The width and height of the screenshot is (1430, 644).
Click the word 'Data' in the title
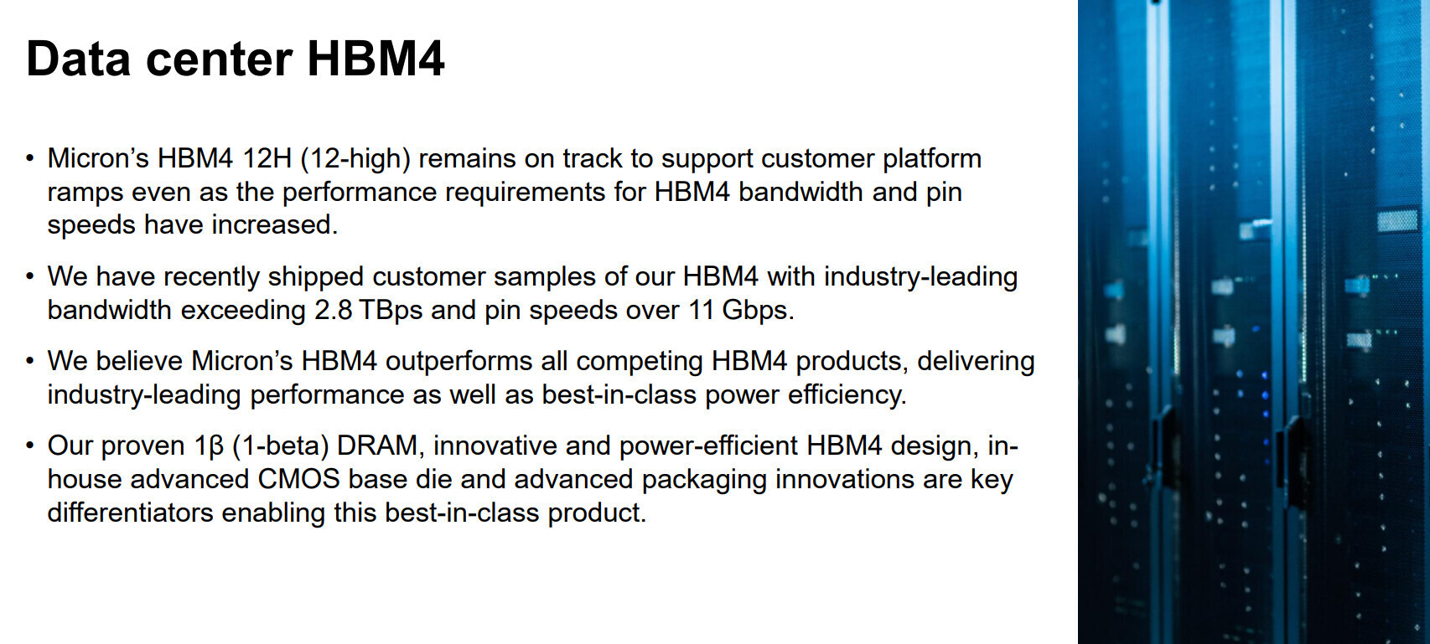78,59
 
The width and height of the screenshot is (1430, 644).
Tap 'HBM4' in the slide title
376,59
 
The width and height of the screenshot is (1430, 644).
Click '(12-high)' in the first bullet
355,159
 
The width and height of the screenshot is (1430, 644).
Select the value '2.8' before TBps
333,311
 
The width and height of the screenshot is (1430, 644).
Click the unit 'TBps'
391,312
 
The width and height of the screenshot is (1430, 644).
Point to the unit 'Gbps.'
758,312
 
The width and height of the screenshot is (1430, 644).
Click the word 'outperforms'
459,363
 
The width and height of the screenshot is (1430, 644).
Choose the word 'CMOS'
298,480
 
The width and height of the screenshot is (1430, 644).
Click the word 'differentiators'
130,513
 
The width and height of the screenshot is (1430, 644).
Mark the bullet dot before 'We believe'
30,361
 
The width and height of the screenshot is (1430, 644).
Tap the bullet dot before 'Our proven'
30,445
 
